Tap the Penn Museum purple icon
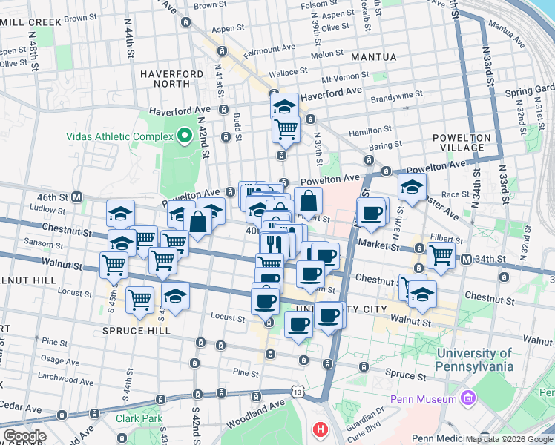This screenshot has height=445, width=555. pos(467,400)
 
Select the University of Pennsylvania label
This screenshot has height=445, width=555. pos(485,360)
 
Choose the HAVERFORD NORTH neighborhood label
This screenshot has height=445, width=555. pos(171,79)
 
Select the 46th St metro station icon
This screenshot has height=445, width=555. pos(76,197)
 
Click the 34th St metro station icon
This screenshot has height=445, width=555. pos(466,259)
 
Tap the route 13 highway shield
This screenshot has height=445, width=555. pos(298,391)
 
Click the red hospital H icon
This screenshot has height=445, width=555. pos(320,429)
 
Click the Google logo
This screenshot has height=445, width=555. pos(24,436)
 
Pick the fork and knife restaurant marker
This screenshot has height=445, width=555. pos(273,243)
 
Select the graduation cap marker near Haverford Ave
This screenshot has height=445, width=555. pos(283,105)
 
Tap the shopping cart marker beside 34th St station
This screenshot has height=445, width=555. pos(441,254)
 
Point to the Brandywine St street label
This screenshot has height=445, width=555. pos(396,95)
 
